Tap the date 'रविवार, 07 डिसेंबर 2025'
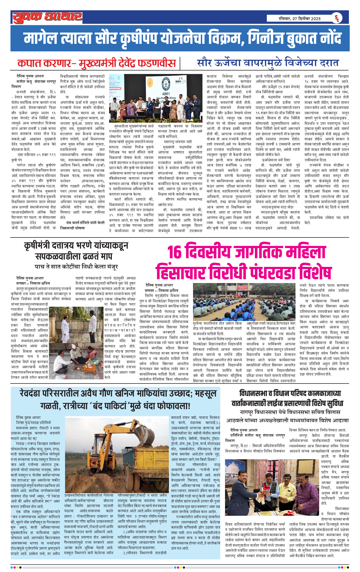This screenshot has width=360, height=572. pos(300,19)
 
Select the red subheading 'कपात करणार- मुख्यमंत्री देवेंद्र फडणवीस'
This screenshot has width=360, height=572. pos(96,63)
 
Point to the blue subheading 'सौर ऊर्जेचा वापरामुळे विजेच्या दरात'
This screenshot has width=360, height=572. pos(268,63)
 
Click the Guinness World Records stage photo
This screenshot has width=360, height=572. pos(155,98)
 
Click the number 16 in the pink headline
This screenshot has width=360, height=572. pos(175,252)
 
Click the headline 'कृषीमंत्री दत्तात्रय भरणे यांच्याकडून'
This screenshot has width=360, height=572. pos(76,245)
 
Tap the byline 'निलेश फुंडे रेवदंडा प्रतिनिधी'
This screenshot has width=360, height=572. pos(33,423)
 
